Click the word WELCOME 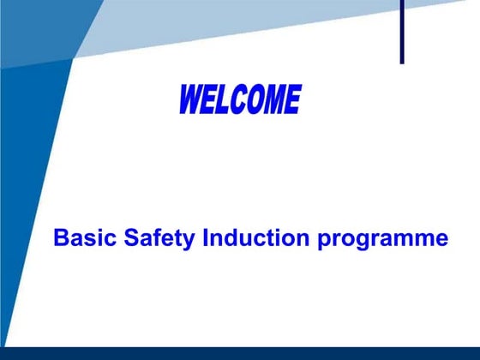[240, 100]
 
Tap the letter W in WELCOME [191, 101]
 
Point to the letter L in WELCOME [227, 100]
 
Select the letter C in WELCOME [243, 100]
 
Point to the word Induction [258, 237]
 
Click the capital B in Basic [60, 237]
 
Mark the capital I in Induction [206, 237]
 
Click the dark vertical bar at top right [401, 31]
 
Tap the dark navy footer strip [240, 353]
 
